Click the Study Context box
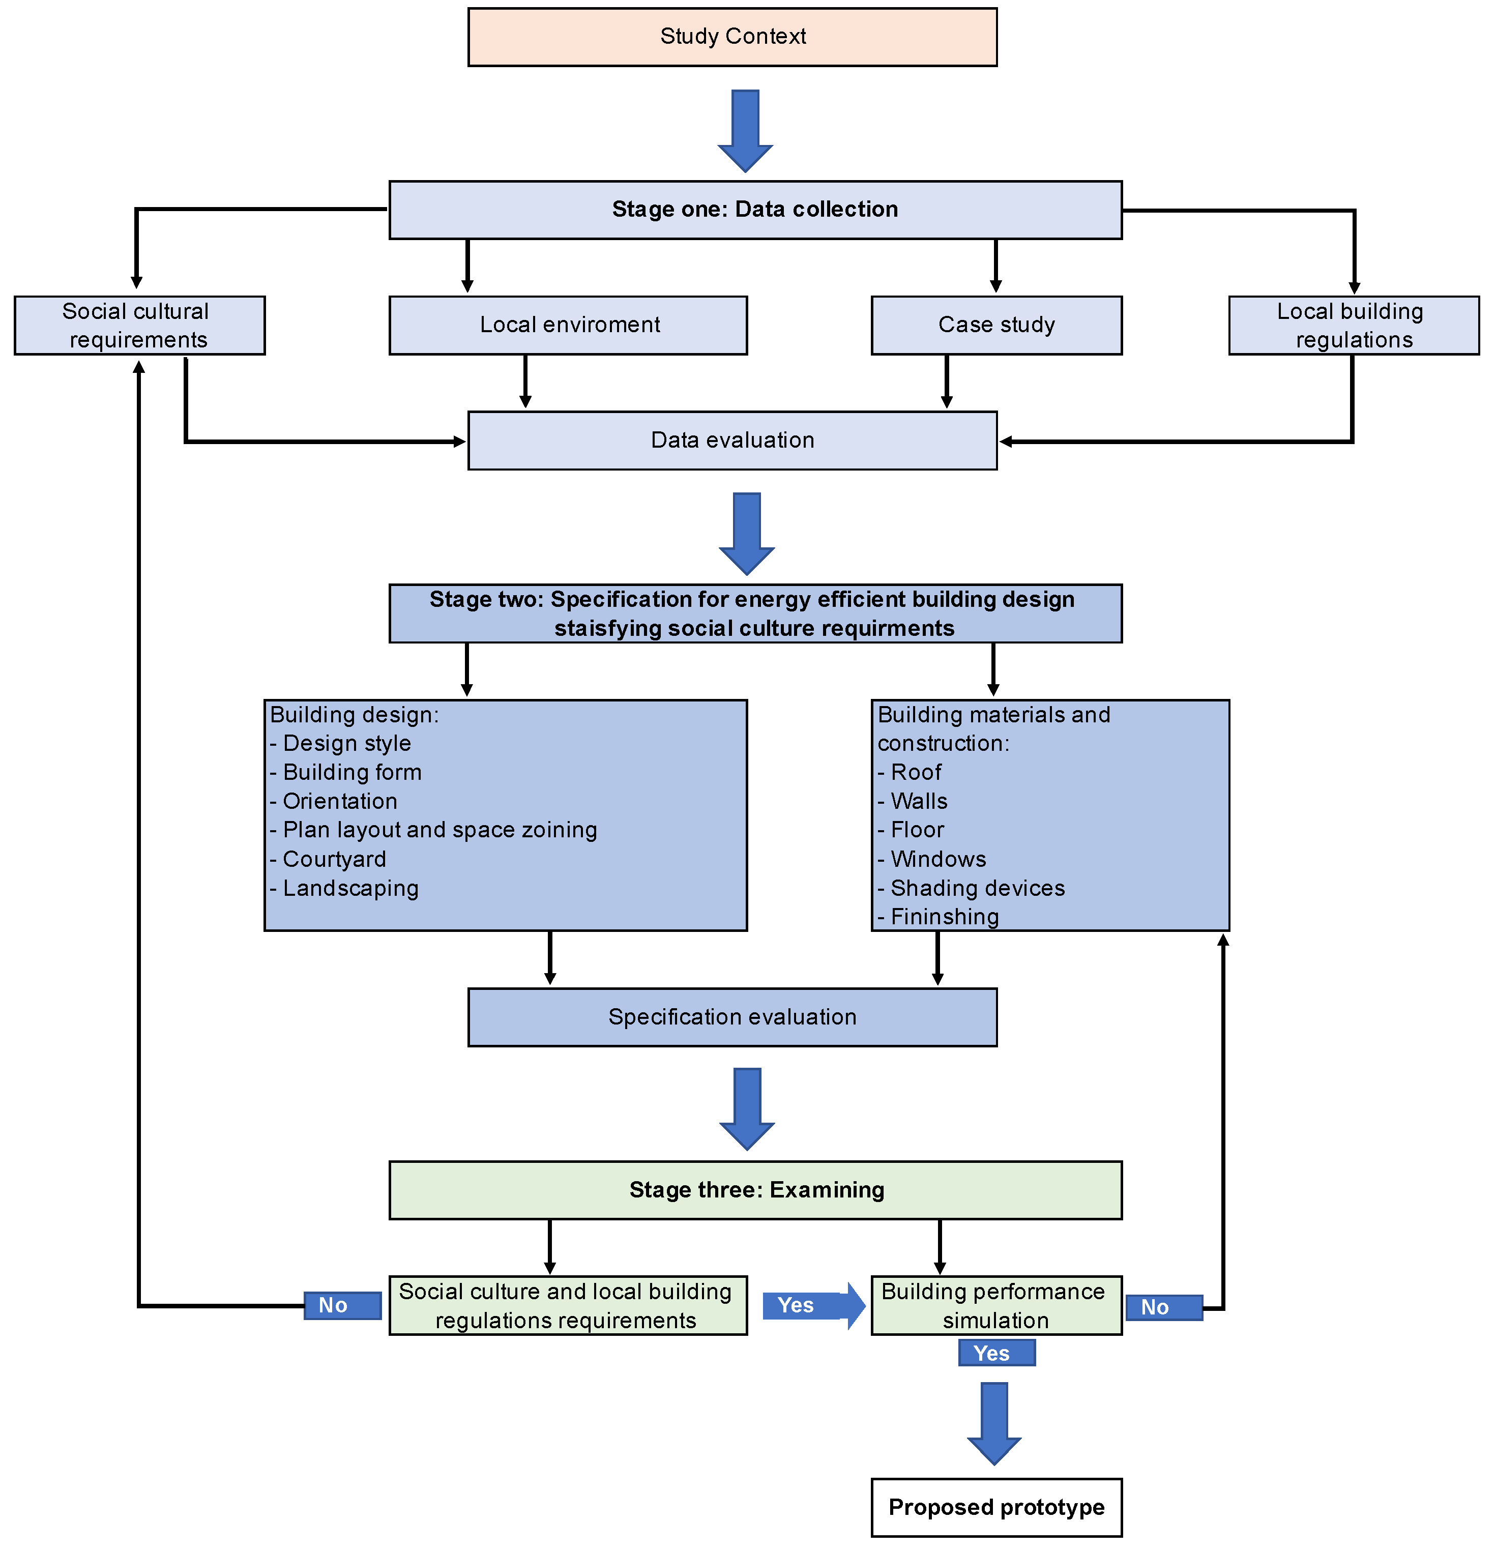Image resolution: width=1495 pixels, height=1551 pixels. click(x=732, y=37)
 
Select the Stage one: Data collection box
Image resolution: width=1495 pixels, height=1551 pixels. click(x=755, y=210)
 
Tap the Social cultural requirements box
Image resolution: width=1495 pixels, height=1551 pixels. click(x=139, y=325)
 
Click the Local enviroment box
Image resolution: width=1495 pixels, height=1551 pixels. click(x=568, y=325)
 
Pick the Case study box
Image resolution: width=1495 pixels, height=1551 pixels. click(x=996, y=325)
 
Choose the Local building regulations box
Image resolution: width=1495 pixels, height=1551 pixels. click(x=1354, y=325)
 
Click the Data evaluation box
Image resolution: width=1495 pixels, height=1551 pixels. click(x=732, y=441)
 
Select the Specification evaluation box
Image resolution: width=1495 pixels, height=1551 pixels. click(x=732, y=1018)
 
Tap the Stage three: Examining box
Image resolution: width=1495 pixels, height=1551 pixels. click(x=755, y=1190)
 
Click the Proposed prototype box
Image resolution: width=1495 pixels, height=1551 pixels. click(x=996, y=1507)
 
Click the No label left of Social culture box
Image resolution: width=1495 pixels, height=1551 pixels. click(x=342, y=1306)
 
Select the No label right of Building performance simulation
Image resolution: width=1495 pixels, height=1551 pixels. click(x=1163, y=1308)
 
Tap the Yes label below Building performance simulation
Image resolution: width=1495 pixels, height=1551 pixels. click(x=996, y=1353)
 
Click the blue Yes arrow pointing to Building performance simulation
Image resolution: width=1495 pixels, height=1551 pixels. click(x=813, y=1306)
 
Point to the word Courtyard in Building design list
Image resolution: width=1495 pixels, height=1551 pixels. click(x=334, y=859)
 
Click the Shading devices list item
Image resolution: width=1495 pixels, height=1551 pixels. click(x=977, y=889)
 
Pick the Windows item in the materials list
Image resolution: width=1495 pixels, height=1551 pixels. click(x=938, y=859)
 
